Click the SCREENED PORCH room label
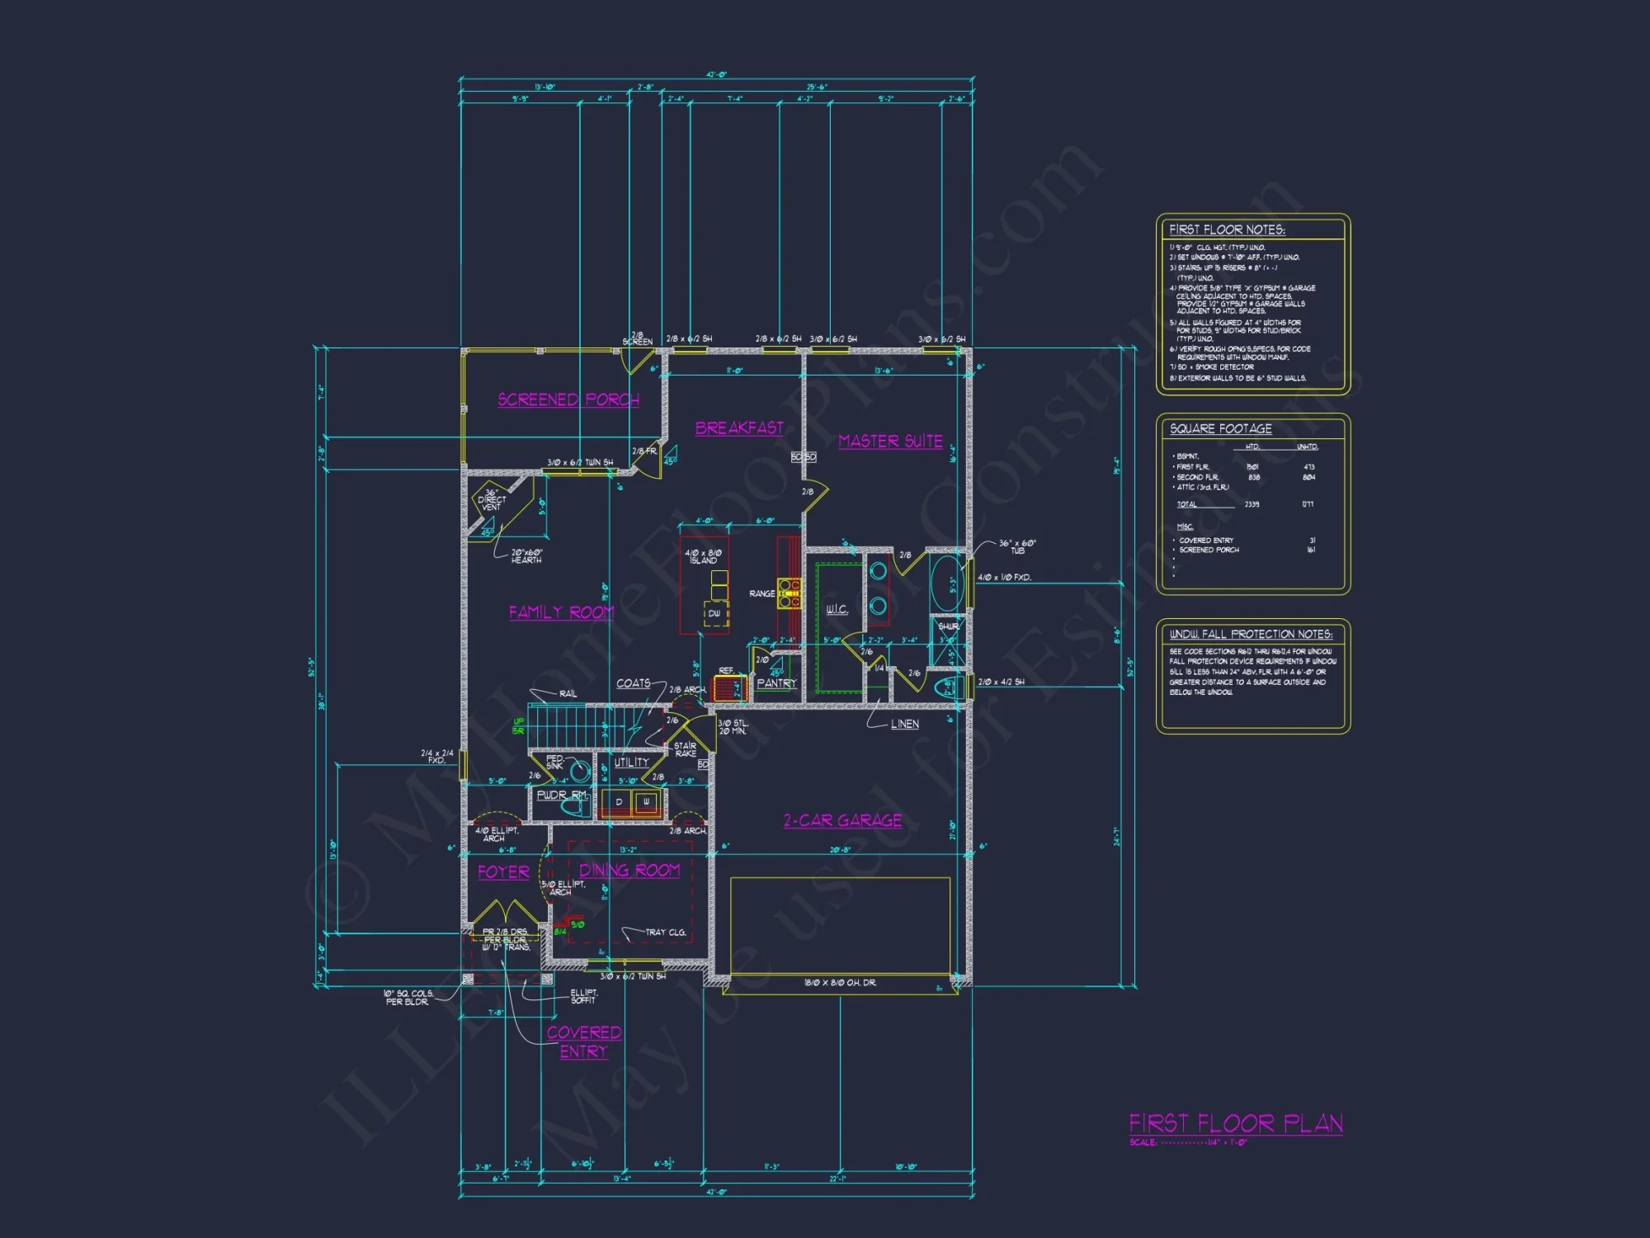coord(568,399)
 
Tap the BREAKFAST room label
coord(739,428)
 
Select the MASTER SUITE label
coord(890,441)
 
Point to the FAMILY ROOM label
coord(561,612)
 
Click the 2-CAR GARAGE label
coord(842,820)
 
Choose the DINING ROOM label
coord(629,870)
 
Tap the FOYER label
coord(503,872)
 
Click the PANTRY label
coord(776,683)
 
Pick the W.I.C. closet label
coord(837,609)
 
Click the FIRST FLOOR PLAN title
coord(1236,1123)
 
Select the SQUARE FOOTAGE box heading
coord(1220,428)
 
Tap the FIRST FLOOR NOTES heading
coord(1227,229)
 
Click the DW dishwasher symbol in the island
coord(714,613)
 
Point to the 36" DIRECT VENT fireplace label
coord(492,500)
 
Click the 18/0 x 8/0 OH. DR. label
coord(840,982)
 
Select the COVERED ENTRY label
coord(584,1042)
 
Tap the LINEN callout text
coord(904,724)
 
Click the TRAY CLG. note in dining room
coord(665,932)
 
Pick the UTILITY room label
coord(631,763)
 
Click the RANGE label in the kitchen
coord(761,593)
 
